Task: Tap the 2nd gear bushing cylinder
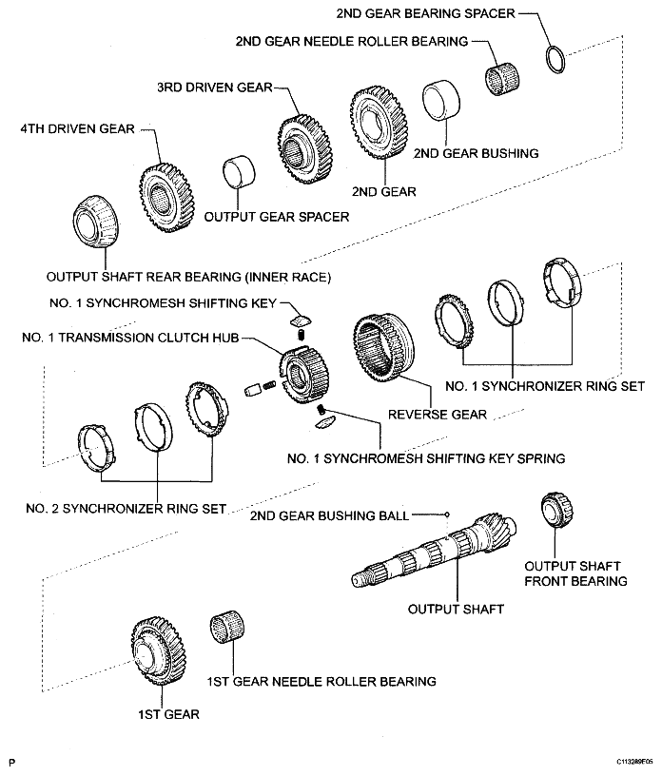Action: [439, 101]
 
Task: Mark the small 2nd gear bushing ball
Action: [446, 514]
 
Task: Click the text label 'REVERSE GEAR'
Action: [438, 415]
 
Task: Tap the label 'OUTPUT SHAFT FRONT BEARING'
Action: [578, 572]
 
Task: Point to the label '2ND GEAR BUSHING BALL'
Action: [329, 515]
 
